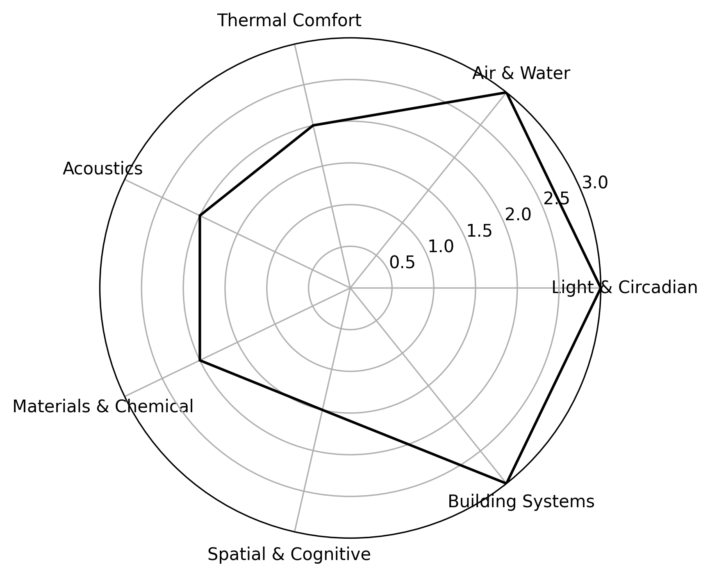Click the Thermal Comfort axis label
[x=289, y=20]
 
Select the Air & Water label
[x=521, y=74]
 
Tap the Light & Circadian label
[x=624, y=288]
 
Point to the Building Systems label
[x=521, y=501]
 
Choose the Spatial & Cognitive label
[x=289, y=554]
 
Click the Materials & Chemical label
[x=103, y=407]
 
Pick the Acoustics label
[x=103, y=169]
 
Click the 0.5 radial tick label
[x=402, y=263]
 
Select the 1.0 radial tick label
[x=441, y=247]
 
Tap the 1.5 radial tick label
[x=480, y=231]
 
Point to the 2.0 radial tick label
[x=518, y=215]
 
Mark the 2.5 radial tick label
[x=557, y=199]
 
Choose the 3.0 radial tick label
[x=595, y=183]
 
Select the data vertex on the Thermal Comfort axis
[x=313, y=125]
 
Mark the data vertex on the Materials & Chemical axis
[x=200, y=361]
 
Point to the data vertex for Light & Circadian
[x=600, y=288]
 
